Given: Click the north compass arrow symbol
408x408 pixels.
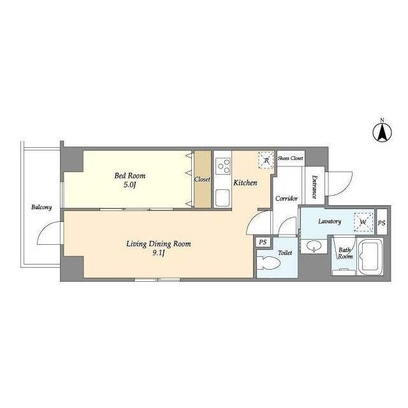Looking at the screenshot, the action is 382,133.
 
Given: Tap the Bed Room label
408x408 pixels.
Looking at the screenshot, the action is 130,176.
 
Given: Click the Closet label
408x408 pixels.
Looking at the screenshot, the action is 202,179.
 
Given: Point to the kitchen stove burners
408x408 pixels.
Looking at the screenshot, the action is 223,166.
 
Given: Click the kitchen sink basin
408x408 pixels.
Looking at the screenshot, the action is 223,197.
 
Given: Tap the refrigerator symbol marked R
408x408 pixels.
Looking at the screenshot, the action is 266,160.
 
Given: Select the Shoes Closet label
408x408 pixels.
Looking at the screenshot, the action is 291,158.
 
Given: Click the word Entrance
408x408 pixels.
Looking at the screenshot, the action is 314,187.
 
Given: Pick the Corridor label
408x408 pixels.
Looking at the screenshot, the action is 286,198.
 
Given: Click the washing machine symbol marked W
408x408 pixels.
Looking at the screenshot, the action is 363,222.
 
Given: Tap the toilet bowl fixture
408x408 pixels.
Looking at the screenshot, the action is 268,263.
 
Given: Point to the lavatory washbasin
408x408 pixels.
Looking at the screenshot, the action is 314,245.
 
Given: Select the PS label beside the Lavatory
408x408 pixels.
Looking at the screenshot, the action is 382,223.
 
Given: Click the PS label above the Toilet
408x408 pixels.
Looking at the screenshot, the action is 263,242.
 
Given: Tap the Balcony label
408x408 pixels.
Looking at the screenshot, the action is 41,207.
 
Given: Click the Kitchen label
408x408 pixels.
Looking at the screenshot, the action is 245,183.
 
